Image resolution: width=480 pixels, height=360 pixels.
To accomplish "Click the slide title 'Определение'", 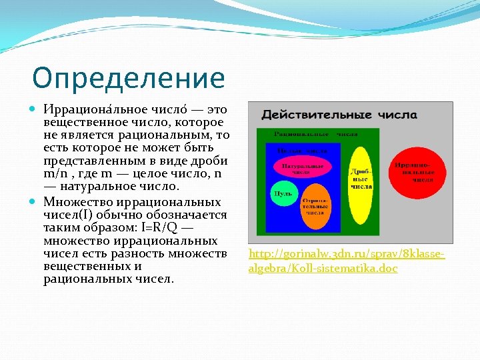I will coord(128,78).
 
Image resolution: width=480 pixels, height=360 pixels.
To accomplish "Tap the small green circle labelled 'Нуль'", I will coord(281,193).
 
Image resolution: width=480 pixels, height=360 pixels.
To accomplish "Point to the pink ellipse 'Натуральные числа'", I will coord(303,168).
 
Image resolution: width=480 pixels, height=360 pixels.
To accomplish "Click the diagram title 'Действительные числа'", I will coord(339,115).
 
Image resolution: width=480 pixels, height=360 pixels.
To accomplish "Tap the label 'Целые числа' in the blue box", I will coord(302,151).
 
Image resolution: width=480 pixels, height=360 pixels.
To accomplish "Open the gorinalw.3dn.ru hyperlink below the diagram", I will coord(346,261).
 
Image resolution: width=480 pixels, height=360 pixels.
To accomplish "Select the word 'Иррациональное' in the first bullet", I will coord(86,109).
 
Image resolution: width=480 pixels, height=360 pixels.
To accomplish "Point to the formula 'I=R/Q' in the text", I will coord(162,227).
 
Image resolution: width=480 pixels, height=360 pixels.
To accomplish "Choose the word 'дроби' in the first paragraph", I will coord(211,161).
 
